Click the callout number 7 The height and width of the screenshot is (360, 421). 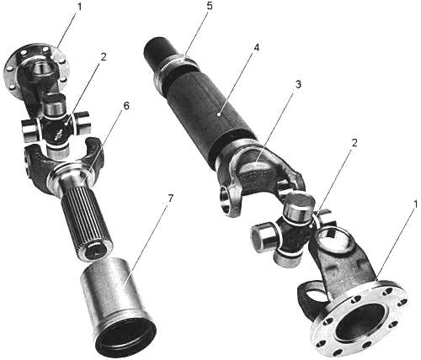(x=170, y=199)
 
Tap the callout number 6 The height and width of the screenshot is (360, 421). (x=126, y=106)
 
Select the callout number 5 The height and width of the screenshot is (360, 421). (x=210, y=6)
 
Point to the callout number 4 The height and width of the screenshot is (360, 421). (x=257, y=48)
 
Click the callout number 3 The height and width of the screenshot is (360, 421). (x=298, y=84)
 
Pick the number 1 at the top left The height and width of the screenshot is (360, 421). (x=79, y=7)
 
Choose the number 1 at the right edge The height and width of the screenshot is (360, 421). (x=416, y=204)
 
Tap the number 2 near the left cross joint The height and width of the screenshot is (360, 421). (x=104, y=57)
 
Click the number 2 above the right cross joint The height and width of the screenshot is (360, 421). (x=354, y=143)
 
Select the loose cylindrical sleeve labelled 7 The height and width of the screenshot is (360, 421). (x=117, y=305)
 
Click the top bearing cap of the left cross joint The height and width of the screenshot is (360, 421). (x=55, y=103)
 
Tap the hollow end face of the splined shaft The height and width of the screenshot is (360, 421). (x=95, y=251)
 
